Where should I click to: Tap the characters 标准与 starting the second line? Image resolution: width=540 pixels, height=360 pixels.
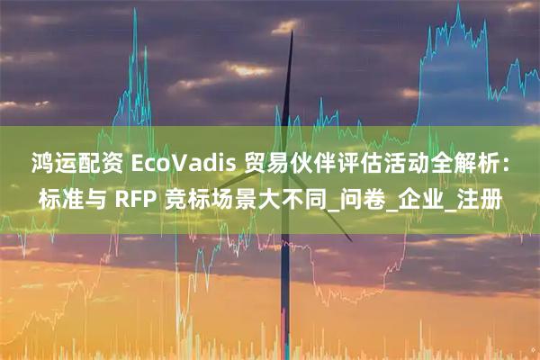tap(68, 196)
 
